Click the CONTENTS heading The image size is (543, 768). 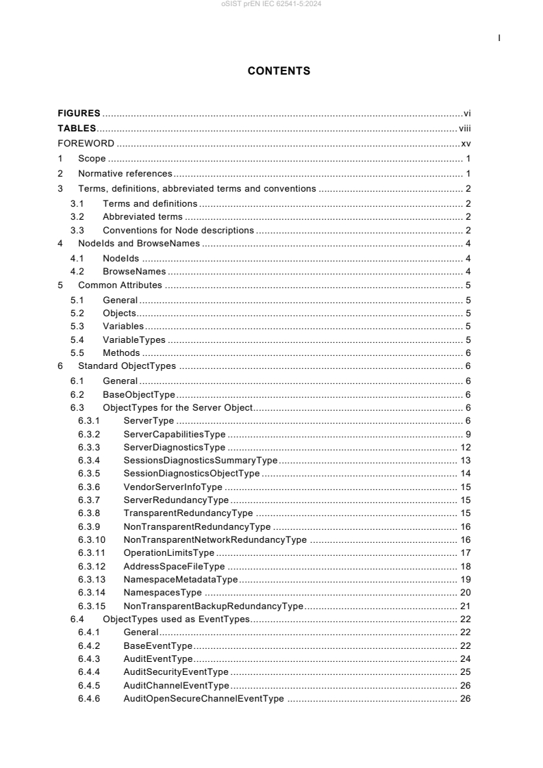[279, 71]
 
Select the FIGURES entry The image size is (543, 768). [79, 113]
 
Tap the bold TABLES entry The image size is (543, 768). [77, 128]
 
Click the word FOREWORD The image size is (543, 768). [86, 144]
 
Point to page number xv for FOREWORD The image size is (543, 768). [465, 144]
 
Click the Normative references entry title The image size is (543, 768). [125, 174]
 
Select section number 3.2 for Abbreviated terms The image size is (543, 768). [77, 216]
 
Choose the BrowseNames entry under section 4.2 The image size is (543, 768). [134, 271]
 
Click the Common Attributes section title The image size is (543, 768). [120, 285]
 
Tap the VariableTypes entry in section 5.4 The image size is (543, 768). [134, 340]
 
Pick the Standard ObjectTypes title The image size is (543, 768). [127, 366]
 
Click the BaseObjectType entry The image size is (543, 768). [139, 394]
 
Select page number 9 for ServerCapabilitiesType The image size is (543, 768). [467, 434]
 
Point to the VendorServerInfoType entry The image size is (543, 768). [173, 487]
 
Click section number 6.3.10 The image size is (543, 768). [92, 539]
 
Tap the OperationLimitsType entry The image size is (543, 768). [169, 552]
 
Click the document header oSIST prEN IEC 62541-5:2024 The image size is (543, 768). [271, 5]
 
